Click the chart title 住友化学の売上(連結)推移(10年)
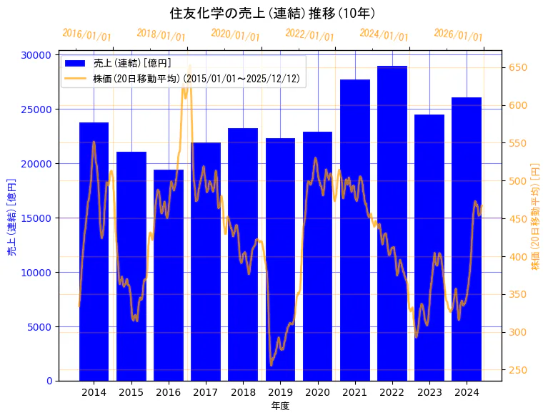[x=273, y=13]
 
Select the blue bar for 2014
[x=94, y=251]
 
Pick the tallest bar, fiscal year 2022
[x=392, y=222]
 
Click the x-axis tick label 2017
[x=206, y=392]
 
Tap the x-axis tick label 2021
[x=355, y=392]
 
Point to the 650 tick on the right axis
[x=517, y=68]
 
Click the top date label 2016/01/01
[x=86, y=34]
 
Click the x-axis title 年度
[x=280, y=406]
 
